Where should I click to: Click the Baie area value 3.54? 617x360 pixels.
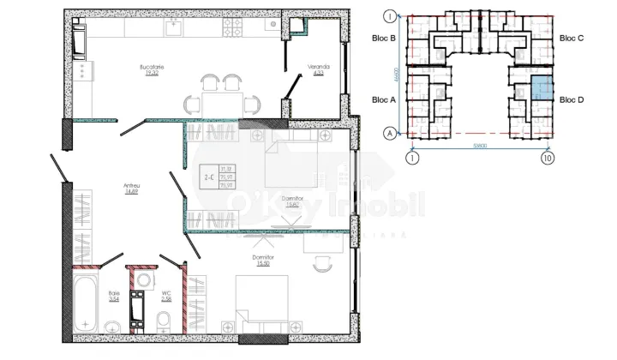114,299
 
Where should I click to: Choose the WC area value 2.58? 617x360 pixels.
168,299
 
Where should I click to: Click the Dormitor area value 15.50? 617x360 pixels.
263,263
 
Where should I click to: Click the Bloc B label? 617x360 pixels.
384,39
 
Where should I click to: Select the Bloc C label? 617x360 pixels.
572,39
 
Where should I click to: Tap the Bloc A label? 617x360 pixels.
384,99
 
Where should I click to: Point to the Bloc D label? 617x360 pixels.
572,99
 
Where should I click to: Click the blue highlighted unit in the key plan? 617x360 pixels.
541,86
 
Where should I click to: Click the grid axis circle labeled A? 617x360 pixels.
389,133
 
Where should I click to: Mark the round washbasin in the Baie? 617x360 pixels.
114,326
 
